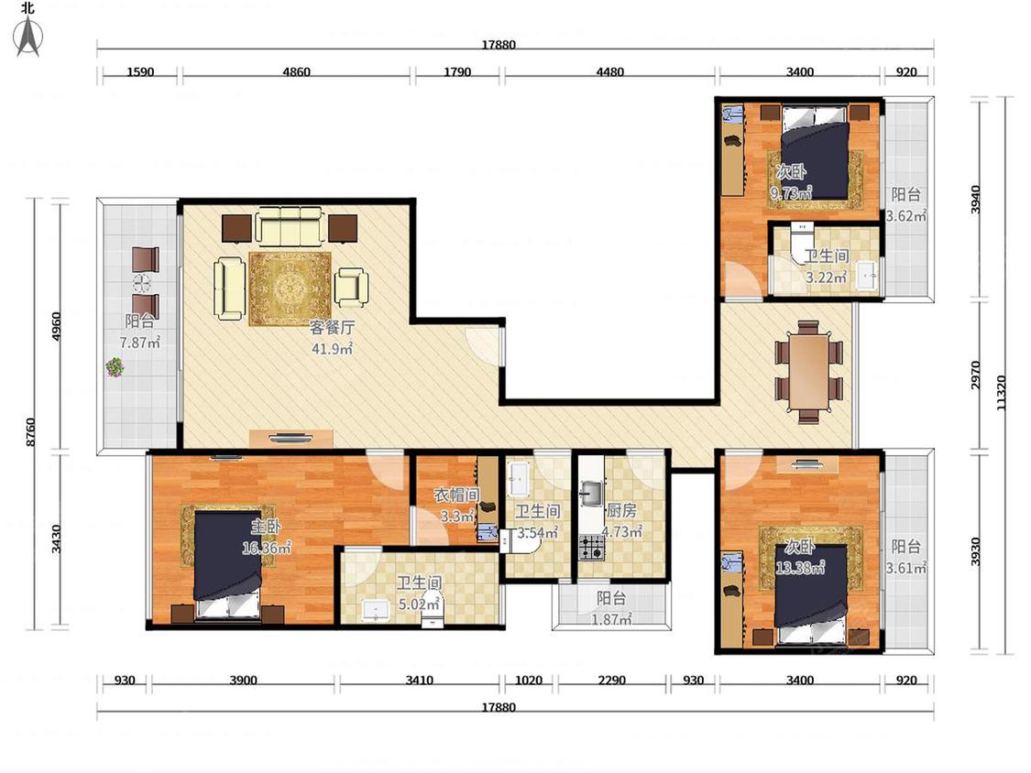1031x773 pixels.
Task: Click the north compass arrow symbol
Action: [27, 36]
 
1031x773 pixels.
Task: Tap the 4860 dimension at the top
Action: [297, 71]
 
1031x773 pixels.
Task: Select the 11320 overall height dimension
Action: [1002, 392]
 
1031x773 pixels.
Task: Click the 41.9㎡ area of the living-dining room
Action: [332, 348]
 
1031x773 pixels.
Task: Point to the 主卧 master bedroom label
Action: [267, 526]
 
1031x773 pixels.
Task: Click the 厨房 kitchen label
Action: [621, 511]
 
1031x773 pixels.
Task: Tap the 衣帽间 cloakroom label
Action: [456, 495]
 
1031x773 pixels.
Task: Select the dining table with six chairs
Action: [808, 372]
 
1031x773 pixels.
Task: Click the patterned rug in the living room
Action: [290, 289]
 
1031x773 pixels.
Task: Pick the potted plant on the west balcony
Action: [115, 366]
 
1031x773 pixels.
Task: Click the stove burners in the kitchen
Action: [591, 547]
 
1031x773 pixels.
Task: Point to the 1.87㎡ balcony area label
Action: [611, 619]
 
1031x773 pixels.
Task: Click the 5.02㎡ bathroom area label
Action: [419, 603]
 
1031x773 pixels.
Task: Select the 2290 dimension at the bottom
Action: [611, 680]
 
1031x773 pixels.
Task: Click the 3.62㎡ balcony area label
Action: [906, 215]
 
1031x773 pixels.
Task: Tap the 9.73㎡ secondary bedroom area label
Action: [791, 192]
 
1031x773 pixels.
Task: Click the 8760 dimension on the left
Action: [31, 432]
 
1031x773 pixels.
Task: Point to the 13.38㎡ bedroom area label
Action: [800, 567]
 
